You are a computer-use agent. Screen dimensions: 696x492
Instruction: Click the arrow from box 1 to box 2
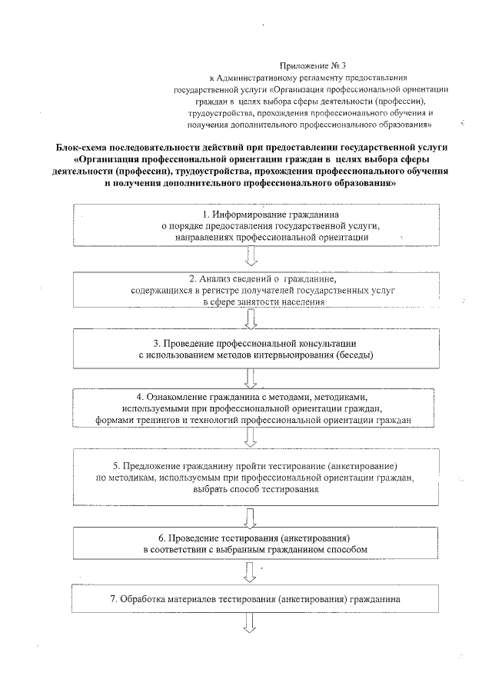pyautogui.click(x=250, y=261)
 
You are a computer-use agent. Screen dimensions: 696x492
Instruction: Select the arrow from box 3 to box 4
pyautogui.click(x=250, y=378)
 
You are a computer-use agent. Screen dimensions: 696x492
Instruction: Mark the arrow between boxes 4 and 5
pyautogui.click(x=250, y=438)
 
